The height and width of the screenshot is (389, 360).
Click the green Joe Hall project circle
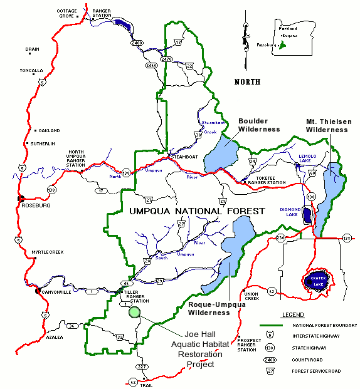click(133, 312)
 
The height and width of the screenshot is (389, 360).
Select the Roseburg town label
click(34, 204)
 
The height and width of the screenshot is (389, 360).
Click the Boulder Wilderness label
click(259, 125)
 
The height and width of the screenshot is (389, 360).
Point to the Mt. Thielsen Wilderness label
click(327, 125)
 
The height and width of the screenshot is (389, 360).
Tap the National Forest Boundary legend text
click(324, 326)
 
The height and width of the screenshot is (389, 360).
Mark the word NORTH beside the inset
click(247, 82)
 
